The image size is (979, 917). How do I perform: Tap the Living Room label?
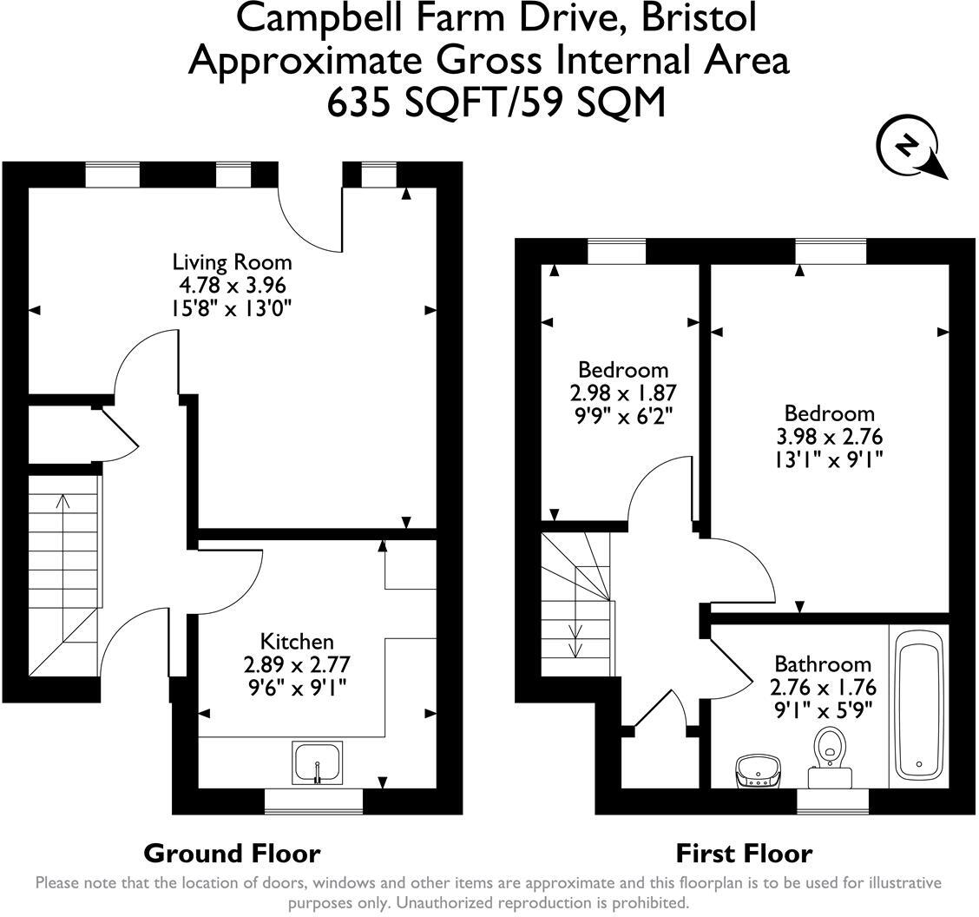[233, 262]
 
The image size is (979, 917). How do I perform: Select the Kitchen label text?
[297, 642]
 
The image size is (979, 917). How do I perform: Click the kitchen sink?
[317, 763]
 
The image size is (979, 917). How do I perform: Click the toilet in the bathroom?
[830, 758]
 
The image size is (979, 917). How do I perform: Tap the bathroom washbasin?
[758, 772]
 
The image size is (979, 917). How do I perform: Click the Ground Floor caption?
[233, 854]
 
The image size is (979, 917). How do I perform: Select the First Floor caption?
[745, 854]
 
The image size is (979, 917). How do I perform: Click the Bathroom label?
[823, 663]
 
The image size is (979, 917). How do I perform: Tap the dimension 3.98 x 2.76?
[829, 437]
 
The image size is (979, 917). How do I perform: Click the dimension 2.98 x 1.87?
[623, 393]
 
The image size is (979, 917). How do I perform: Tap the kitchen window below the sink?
[314, 802]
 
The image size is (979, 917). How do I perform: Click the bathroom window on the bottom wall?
[833, 802]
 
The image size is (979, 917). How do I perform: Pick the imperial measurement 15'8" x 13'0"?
[233, 308]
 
